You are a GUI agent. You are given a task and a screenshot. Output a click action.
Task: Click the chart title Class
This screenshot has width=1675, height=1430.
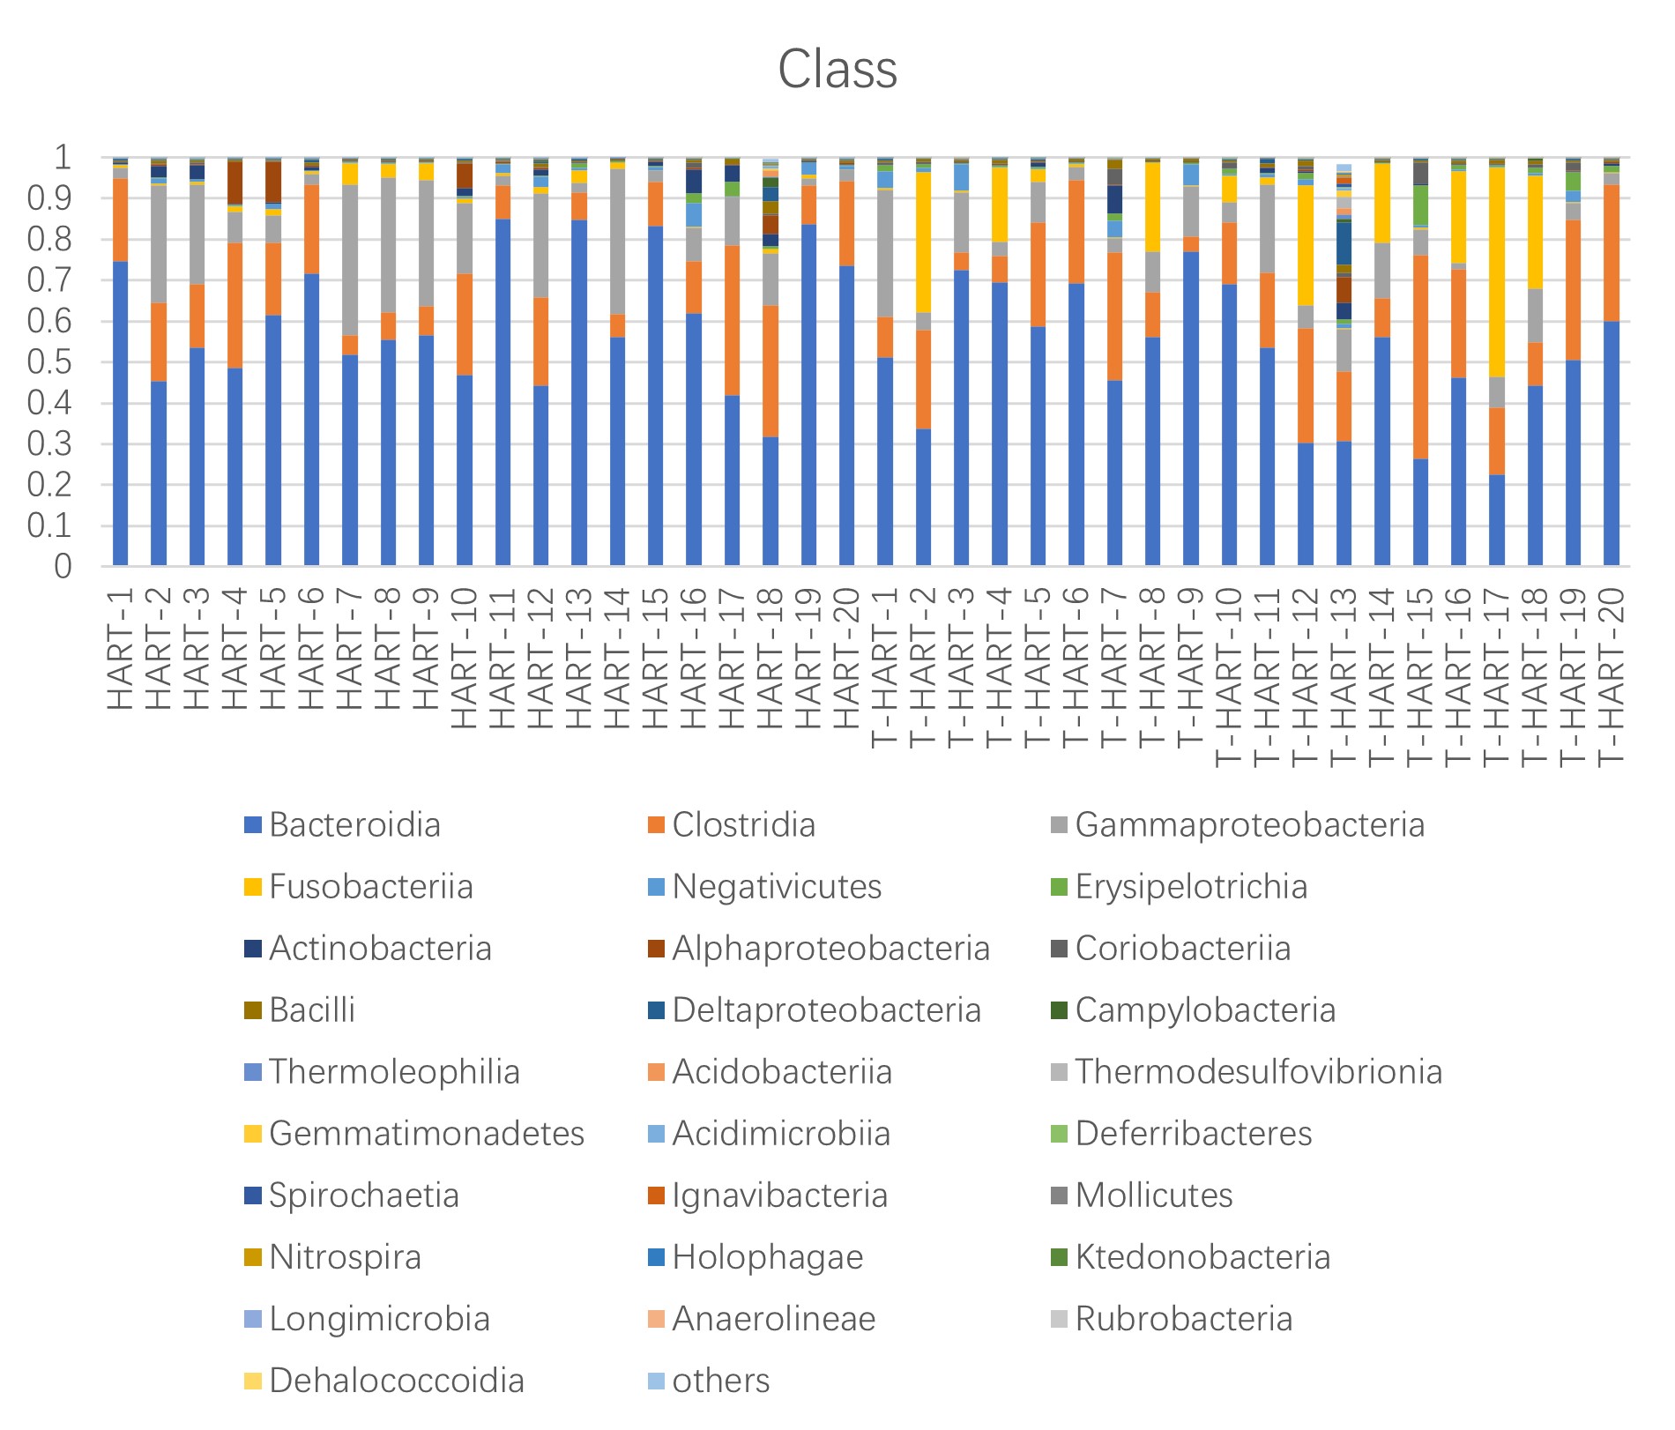837,70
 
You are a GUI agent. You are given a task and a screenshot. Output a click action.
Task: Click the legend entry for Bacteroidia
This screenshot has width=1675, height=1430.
354,825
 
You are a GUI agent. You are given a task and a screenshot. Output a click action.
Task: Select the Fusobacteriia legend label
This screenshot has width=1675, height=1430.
370,887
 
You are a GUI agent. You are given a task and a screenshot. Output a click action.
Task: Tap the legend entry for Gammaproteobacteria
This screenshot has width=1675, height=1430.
1249,825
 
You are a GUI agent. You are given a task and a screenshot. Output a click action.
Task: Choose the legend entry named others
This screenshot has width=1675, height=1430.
720,1381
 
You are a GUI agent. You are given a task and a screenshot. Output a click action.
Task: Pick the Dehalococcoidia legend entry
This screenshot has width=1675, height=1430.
396,1381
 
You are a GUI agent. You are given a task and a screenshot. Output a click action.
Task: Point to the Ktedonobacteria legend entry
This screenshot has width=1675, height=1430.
1202,1257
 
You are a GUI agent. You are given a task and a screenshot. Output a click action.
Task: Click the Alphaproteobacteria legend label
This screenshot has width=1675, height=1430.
830,949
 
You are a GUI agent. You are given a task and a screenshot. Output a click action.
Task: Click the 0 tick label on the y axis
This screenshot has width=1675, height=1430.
63,566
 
